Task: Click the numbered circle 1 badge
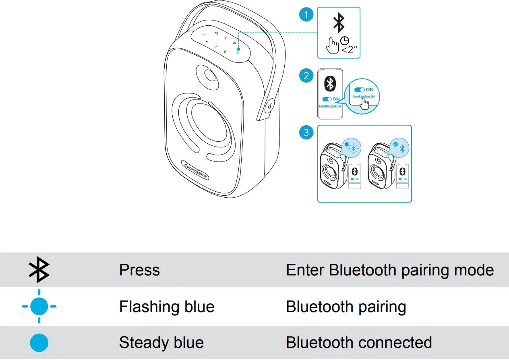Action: click(306, 15)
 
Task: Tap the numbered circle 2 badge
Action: click(306, 75)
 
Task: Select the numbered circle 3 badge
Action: click(306, 132)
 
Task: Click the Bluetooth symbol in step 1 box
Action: click(339, 23)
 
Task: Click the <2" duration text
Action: click(350, 50)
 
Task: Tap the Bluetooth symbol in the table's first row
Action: click(39, 269)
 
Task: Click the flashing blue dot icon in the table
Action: click(39, 306)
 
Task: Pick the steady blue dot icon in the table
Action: click(39, 343)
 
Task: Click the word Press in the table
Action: click(139, 270)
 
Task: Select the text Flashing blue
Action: click(167, 307)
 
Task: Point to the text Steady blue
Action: click(161, 343)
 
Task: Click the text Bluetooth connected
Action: click(359, 343)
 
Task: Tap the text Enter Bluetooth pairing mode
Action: click(389, 270)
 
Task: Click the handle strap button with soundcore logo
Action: click(270, 107)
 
